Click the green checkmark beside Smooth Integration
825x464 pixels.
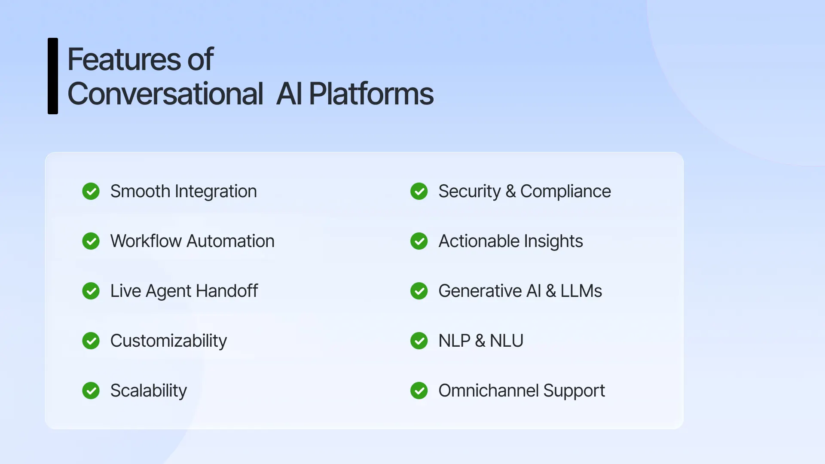[91, 191]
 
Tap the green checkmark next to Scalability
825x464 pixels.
[91, 391]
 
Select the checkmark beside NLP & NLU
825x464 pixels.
[419, 341]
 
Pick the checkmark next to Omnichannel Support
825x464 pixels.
[419, 391]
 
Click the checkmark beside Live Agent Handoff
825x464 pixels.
[91, 291]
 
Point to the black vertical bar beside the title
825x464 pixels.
[53, 76]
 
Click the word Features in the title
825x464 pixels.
[124, 59]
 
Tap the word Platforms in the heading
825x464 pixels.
[371, 94]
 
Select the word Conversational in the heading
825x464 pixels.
[165, 94]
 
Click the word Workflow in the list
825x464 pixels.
[146, 241]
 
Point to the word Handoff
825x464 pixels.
[226, 291]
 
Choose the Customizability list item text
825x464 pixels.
[168, 341]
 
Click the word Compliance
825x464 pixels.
[565, 191]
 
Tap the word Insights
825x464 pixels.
[553, 241]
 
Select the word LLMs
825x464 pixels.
[581, 291]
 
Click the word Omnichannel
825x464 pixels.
[488, 391]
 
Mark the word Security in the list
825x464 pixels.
[469, 192]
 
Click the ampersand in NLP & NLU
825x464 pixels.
[480, 341]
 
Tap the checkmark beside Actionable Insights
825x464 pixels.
[419, 241]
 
